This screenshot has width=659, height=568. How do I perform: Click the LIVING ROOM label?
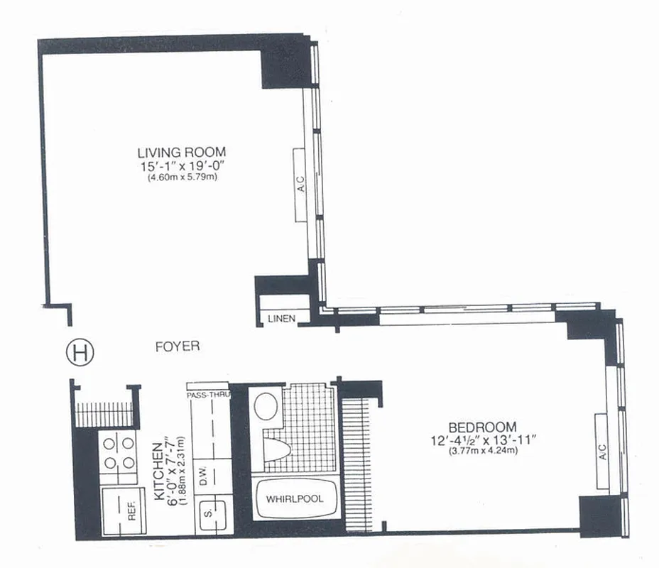pyautogui.click(x=182, y=151)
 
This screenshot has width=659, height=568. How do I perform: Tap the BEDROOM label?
pyautogui.click(x=481, y=427)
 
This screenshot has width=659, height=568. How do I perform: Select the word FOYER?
pyautogui.click(x=177, y=346)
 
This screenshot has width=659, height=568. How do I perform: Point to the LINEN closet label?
pyautogui.click(x=281, y=319)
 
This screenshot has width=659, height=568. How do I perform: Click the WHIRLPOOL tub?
pyautogui.click(x=294, y=499)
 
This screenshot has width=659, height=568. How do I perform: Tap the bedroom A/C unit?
pyautogui.click(x=603, y=449)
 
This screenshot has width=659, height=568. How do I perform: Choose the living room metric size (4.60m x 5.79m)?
pyautogui.click(x=182, y=177)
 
